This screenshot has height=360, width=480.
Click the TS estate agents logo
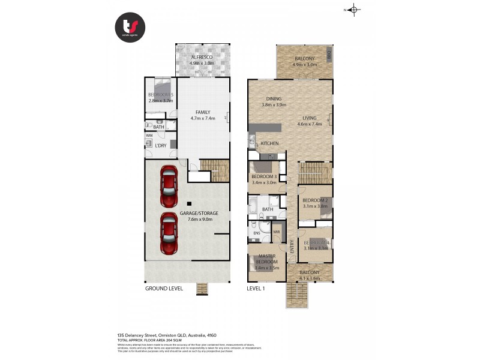click(x=130, y=26)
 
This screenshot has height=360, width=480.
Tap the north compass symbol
click(x=353, y=9)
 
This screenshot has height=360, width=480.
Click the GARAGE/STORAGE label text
click(x=199, y=213)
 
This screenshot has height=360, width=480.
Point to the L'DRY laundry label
click(x=160, y=146)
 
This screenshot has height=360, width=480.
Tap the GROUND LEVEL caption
click(x=164, y=289)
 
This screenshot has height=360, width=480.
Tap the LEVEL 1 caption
click(x=256, y=289)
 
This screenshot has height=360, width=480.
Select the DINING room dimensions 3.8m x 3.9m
click(x=274, y=105)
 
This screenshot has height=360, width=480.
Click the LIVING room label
click(x=310, y=118)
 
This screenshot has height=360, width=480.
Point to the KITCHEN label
click(x=269, y=144)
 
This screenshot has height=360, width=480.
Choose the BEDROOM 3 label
click(x=265, y=176)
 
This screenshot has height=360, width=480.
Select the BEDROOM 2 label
click(x=314, y=200)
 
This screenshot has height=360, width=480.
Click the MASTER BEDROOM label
click(x=266, y=259)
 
